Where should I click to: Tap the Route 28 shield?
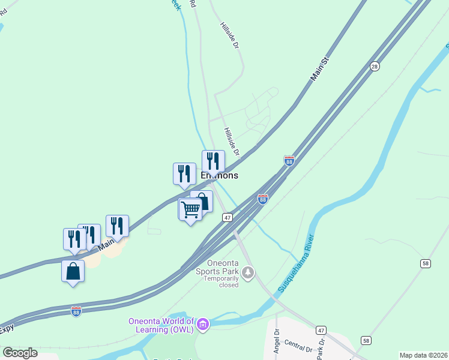(375, 66)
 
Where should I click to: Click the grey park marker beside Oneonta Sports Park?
(247, 274)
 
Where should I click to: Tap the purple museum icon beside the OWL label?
(203, 325)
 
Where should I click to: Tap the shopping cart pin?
(190, 209)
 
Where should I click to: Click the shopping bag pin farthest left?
(73, 271)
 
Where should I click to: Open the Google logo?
(20, 352)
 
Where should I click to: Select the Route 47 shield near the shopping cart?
(227, 218)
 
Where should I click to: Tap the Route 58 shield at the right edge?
(426, 263)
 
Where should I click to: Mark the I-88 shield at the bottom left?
(76, 311)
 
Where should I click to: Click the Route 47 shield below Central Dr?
(321, 331)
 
